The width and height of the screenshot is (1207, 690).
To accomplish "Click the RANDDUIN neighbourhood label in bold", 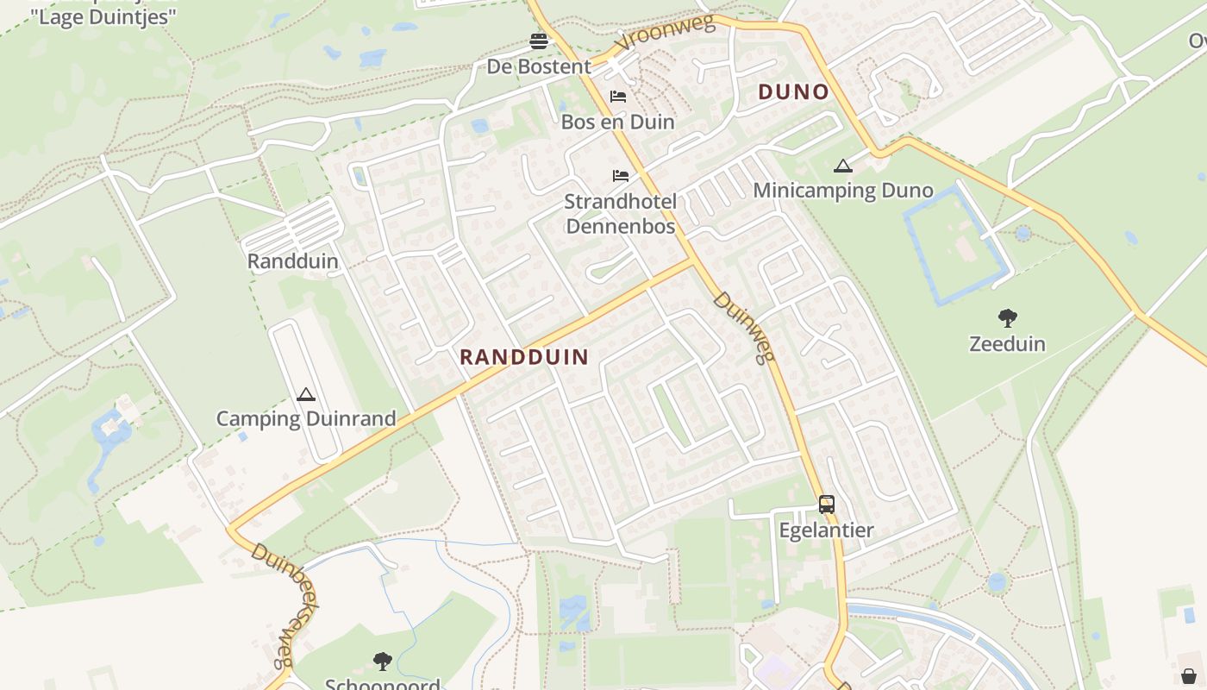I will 524,357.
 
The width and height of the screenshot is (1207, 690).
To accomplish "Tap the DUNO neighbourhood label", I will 793,92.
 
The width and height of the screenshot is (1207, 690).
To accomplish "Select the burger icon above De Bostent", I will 539,41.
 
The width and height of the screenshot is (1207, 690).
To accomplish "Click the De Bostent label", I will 539,66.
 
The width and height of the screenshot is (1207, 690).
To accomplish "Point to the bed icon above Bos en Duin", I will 618,97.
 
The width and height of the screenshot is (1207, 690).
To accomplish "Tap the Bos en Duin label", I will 617,122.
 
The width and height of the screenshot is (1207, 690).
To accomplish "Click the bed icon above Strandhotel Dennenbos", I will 620,176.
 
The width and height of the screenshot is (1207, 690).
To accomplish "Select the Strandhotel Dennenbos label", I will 620,214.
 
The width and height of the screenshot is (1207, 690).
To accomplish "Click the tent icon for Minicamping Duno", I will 843,166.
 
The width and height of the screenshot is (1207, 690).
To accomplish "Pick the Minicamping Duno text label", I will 843,191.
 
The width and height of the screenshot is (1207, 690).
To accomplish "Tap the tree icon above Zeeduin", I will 1007,318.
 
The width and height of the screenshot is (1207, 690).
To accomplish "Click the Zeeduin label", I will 1007,344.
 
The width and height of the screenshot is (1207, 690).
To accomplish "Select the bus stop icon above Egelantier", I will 826,505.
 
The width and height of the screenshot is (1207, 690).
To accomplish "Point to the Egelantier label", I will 826,530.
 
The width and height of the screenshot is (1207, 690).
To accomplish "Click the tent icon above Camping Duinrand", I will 305,395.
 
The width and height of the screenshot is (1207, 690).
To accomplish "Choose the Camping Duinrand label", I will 305,419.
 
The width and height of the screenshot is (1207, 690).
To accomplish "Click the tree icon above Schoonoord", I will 382,662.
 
